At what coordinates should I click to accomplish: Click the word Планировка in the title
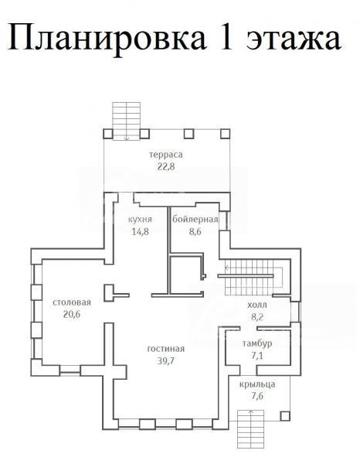coord(107,36)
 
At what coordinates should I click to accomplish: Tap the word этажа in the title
coord(294,39)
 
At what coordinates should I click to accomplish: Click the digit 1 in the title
coord(226,36)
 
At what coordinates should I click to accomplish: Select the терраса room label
coord(166,155)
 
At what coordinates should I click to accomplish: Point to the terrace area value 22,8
coord(166,166)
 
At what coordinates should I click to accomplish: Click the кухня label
coord(140,220)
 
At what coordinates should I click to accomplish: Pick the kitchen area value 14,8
coord(140,231)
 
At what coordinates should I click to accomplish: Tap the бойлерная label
coord(195,220)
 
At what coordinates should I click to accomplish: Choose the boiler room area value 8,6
coord(195,231)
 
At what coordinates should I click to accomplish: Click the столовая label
coord(72,302)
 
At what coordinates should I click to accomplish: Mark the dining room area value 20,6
coord(72,314)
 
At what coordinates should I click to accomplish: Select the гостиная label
coord(166,349)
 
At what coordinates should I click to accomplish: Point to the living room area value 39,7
coord(166,360)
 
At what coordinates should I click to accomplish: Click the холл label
coord(256,305)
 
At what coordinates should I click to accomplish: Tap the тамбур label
coord(257,343)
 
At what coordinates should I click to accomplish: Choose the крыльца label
coord(257,384)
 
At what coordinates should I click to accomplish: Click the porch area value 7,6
coord(257,396)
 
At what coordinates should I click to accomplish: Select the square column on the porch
coord(284,416)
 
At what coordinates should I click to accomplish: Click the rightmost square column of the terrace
coord(225,134)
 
